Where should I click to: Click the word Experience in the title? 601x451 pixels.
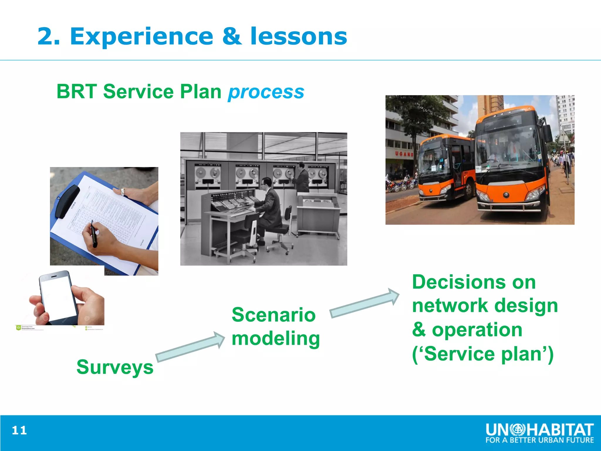[x=141, y=36]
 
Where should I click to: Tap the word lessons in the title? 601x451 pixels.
[x=298, y=36]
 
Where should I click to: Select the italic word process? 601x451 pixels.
[x=266, y=92]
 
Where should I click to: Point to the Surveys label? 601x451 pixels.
[x=115, y=367]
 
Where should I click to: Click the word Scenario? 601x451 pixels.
[x=274, y=315]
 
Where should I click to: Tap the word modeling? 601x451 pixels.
[x=276, y=339]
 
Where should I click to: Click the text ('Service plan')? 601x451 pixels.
[x=483, y=354]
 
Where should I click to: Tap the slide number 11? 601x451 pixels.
[x=19, y=430]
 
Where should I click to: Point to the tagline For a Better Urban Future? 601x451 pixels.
[x=539, y=440]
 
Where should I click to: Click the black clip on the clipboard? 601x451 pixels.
[x=67, y=201]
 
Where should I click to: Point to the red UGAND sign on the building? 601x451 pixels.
[x=404, y=154]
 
